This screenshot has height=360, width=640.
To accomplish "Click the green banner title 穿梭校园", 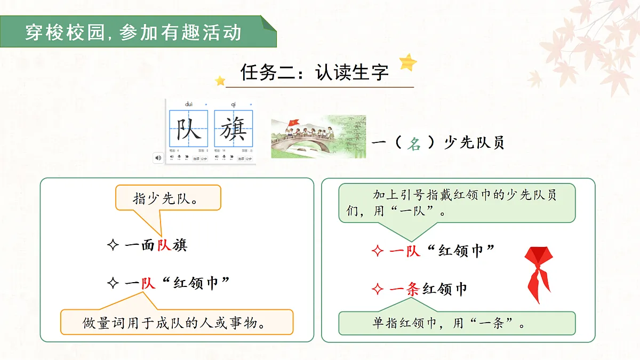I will click(133, 33).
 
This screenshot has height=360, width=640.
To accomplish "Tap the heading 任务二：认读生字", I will click(315, 73).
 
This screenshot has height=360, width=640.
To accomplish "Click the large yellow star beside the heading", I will click(408, 62).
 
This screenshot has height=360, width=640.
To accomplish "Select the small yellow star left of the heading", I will click(220, 81).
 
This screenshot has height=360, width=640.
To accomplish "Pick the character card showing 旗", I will click(234, 129).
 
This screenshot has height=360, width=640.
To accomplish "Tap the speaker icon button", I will click(158, 158).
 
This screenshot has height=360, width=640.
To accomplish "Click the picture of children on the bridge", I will click(318, 137).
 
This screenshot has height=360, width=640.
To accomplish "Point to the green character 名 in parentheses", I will click(414, 143).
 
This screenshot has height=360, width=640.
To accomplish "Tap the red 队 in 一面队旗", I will click(163, 245).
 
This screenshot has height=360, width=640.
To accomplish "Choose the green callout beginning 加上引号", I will click(457, 203).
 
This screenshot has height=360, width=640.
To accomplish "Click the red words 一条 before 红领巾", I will click(405, 290).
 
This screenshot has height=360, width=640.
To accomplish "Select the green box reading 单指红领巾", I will click(457, 323).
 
